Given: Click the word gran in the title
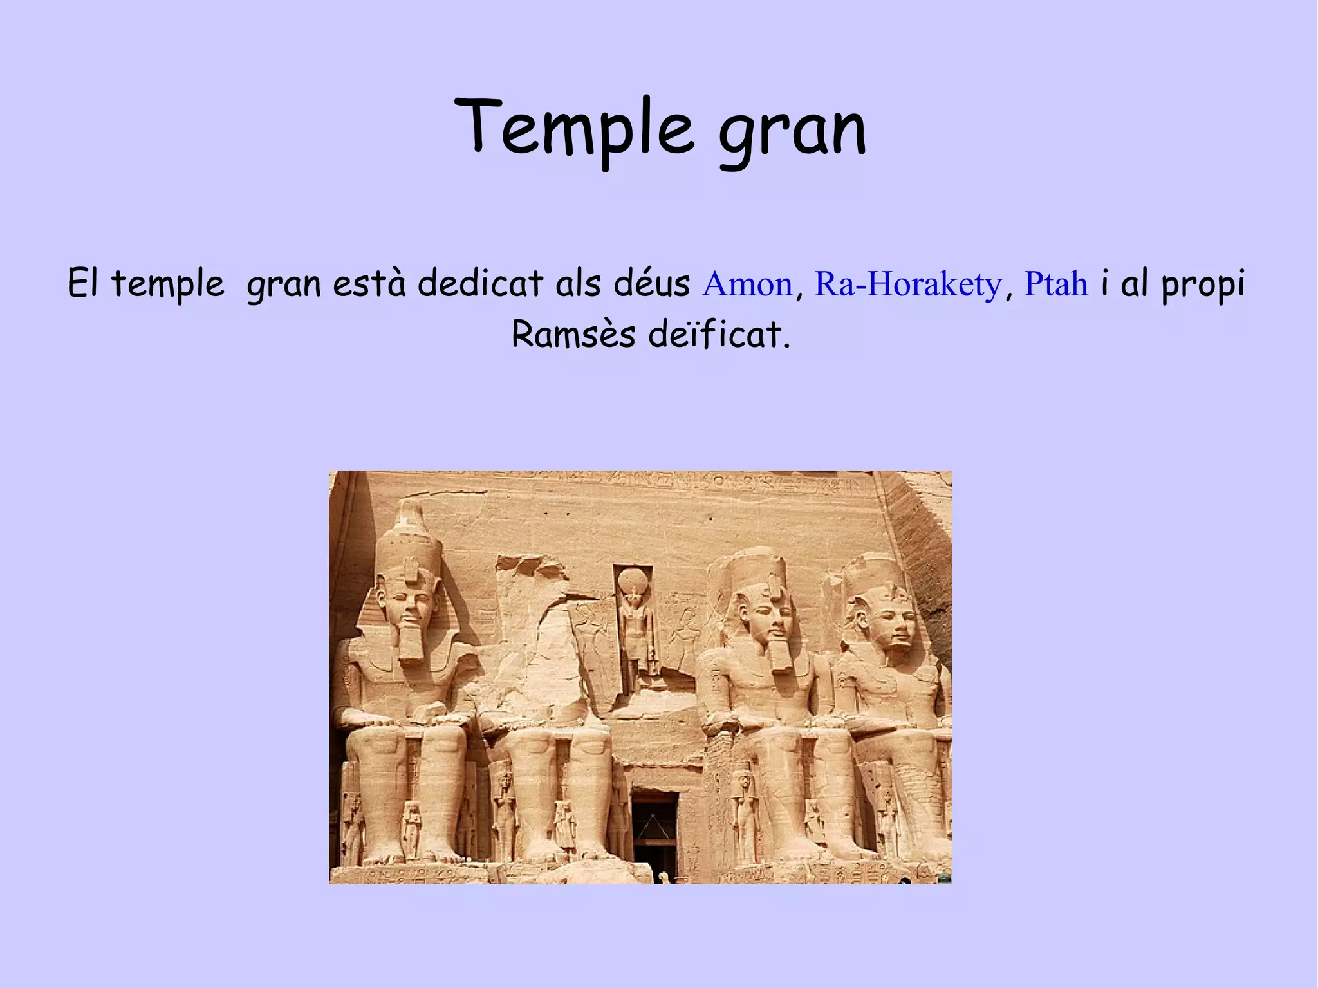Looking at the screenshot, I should [792, 132].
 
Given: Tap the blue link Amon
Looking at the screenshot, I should [747, 284].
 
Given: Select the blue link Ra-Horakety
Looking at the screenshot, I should [908, 284].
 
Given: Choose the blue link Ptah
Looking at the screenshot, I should [1056, 284].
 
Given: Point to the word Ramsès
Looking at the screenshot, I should [573, 335].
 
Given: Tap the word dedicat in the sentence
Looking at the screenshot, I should [480, 284].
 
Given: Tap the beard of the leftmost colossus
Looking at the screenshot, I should [410, 643].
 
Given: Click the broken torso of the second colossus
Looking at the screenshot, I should [537, 669].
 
